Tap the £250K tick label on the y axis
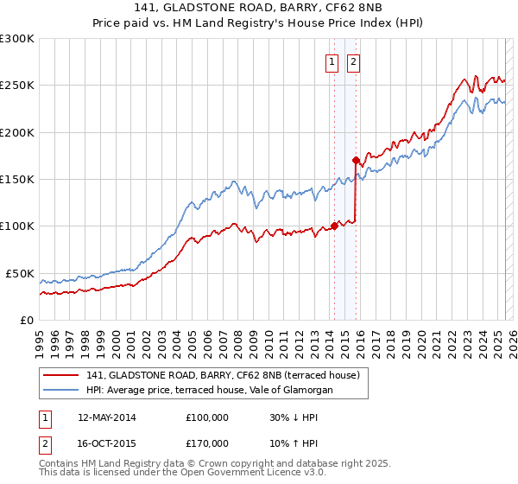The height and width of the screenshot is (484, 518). (x=17, y=86)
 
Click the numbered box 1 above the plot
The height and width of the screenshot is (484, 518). (x=332, y=61)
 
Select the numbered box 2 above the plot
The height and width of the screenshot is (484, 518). (x=354, y=61)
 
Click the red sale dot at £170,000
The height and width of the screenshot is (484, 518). (x=356, y=160)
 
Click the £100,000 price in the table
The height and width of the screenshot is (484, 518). (x=206, y=417)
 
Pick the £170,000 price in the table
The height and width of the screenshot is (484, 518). (x=206, y=443)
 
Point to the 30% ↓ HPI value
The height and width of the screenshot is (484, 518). (x=292, y=417)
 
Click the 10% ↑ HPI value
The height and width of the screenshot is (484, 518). (x=292, y=443)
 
